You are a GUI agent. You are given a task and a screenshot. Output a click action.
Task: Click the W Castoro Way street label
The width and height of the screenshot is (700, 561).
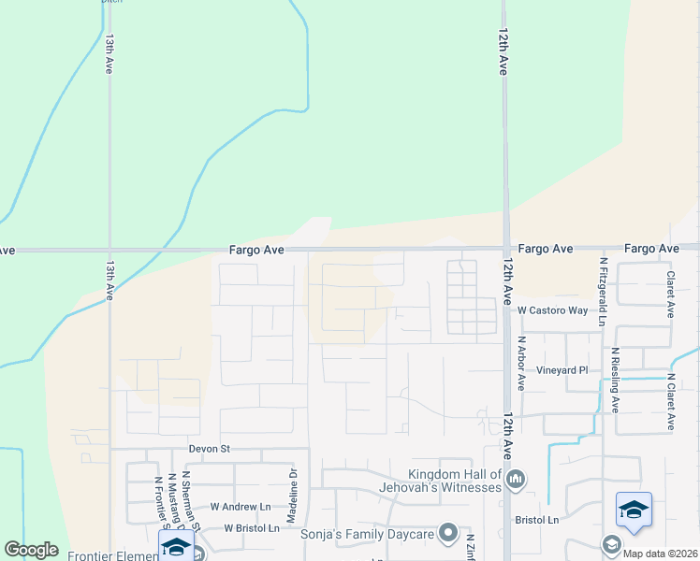tap(552, 309)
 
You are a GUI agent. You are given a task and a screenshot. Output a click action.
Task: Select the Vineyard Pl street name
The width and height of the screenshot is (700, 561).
tap(561, 370)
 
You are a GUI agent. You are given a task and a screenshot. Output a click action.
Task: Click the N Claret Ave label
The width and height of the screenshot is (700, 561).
tap(671, 402)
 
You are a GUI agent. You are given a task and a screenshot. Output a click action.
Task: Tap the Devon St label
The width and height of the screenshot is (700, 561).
tap(209, 449)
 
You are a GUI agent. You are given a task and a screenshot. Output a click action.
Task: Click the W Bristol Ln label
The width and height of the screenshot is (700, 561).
tap(252, 528)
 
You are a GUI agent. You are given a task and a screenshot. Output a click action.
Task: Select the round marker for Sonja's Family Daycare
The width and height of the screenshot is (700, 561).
tap(448, 534)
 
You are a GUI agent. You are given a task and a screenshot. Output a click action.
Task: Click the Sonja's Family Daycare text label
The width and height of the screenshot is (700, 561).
tap(366, 534)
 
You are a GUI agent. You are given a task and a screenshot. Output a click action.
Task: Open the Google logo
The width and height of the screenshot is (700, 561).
tap(31, 549)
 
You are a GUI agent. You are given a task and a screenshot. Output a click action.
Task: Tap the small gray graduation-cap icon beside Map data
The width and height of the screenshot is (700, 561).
tap(611, 544)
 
